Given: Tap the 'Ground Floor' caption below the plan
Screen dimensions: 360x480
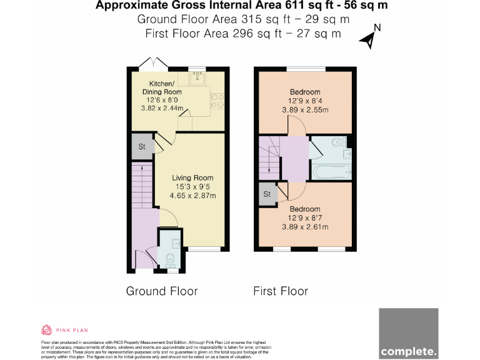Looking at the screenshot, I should tap(162, 291).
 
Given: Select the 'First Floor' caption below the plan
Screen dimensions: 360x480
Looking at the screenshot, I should tap(281, 291).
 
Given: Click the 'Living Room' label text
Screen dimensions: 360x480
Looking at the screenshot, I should tap(193, 177).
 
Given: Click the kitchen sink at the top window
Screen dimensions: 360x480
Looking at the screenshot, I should tap(199, 79).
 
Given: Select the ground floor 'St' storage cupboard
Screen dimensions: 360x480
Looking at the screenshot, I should tap(142, 147).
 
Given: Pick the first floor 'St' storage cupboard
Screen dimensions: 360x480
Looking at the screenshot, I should tap(267, 194).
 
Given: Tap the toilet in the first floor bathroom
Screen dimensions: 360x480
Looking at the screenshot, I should tap(341, 142).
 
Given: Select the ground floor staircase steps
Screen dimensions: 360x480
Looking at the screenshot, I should tap(142, 184).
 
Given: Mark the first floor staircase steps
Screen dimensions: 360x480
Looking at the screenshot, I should tap(270, 156).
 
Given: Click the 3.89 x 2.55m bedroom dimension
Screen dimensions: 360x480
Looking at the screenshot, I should tap(305, 110).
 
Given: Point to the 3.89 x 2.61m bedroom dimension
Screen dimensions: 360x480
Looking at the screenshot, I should tap(305, 227).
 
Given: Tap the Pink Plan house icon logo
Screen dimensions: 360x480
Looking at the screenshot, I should tap(46, 330).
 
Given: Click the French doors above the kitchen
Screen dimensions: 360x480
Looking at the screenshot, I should tap(152, 64).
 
